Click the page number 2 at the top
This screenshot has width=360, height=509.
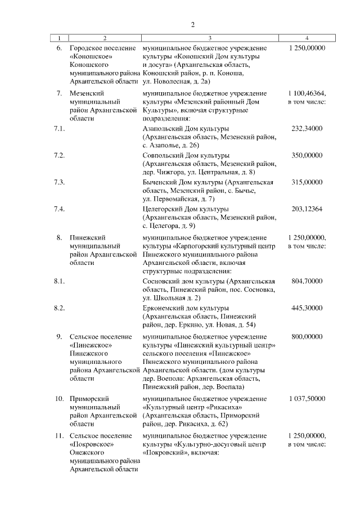(192, 25)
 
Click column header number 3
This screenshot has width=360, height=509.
(209, 38)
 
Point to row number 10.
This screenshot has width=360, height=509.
(58, 399)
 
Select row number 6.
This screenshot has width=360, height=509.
(59, 48)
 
